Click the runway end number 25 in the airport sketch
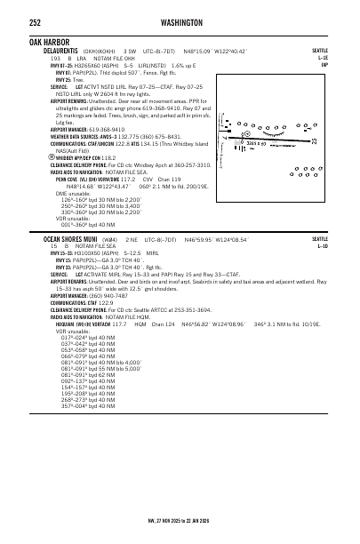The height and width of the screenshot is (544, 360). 314,139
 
